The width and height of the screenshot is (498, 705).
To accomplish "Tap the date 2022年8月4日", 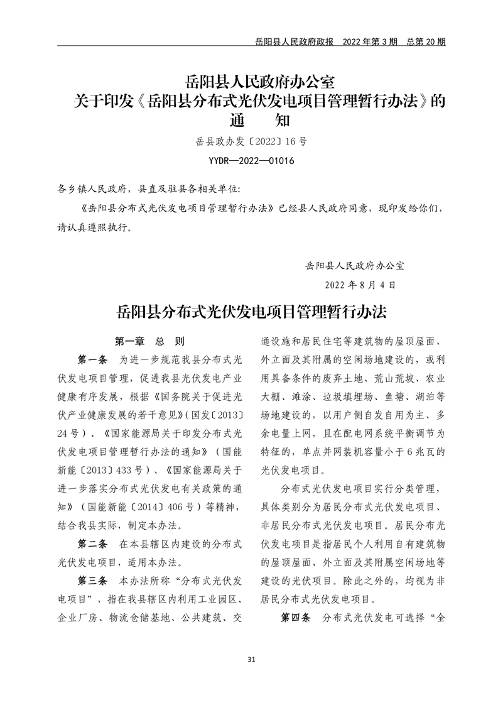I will point(360,285).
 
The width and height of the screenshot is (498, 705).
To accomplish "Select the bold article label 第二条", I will point(92,543).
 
